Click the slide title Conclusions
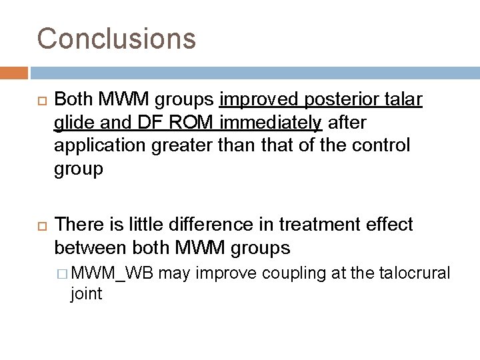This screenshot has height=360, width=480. pyautogui.click(x=117, y=39)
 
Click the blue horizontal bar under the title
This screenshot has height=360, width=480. pyautogui.click(x=254, y=71)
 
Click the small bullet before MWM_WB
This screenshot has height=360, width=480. pyautogui.click(x=63, y=273)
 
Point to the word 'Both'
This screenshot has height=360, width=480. pyautogui.click(x=73, y=101)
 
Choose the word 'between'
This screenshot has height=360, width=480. pyautogui.click(x=89, y=249)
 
